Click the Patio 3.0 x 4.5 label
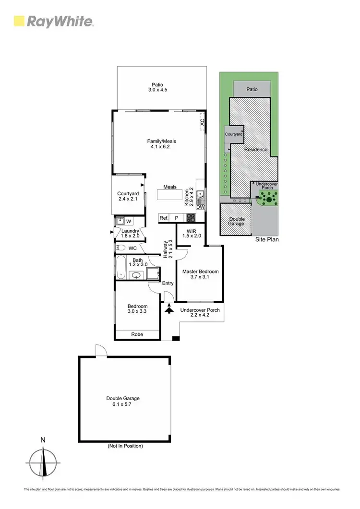pos(158,87)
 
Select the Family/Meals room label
pos(162,144)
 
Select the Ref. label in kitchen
pos(164,218)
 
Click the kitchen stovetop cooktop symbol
pos(191,218)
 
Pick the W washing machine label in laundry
pos(128,221)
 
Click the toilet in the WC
pos(121,248)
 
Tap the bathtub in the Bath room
pos(121,267)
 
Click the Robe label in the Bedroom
pos(137,335)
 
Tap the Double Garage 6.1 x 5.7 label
pos(123,401)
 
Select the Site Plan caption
pos(266,239)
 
